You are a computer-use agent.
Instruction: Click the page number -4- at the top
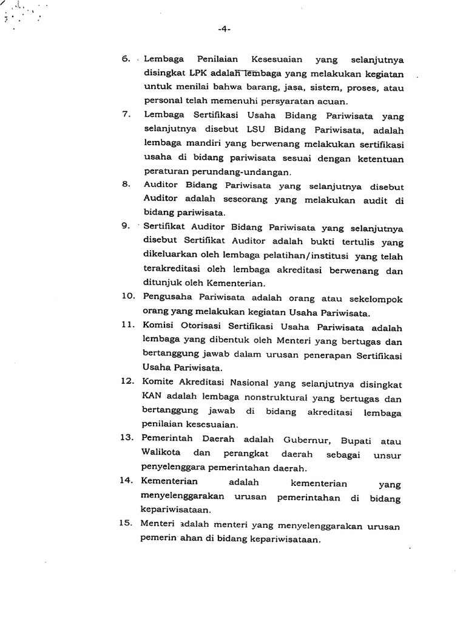pyautogui.click(x=224, y=29)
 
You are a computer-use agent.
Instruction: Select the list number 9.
pyautogui.click(x=126, y=226)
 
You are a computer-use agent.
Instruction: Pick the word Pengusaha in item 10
pyautogui.click(x=167, y=299)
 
